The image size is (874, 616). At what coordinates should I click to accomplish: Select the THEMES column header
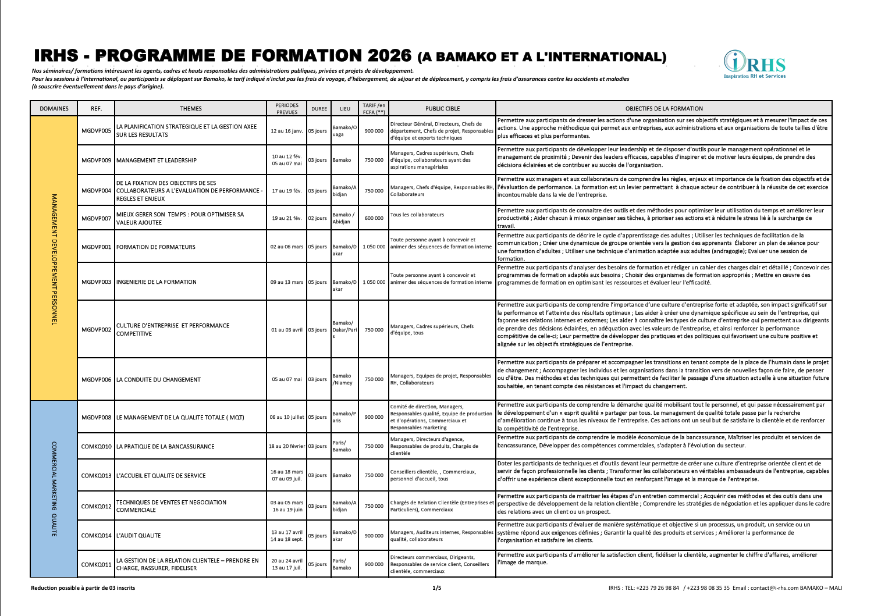tap(191, 109)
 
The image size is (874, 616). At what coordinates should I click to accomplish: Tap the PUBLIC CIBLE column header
tap(442, 109)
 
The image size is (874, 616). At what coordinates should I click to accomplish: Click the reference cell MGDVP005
tap(96, 131)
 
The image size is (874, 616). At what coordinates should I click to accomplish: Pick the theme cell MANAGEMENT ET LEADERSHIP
tap(157, 160)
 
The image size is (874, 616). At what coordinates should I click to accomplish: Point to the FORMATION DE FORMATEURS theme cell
tap(156, 247)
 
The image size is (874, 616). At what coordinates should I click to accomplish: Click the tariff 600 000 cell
tap(374, 218)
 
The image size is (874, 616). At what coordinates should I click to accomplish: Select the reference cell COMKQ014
tap(96, 536)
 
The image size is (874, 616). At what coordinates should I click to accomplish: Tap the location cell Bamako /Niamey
tap(342, 379)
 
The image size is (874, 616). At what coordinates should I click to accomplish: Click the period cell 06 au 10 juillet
tap(287, 417)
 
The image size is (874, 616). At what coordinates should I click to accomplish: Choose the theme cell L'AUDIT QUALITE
tap(138, 536)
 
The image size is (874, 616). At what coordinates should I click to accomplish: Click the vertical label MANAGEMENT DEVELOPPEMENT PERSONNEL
tap(54, 259)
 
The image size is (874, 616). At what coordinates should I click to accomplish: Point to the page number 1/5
tap(436, 588)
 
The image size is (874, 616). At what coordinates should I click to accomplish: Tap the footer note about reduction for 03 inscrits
tap(83, 588)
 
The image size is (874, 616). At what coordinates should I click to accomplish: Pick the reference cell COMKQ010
tap(96, 447)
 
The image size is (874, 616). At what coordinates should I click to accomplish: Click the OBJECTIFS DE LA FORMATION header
tap(663, 109)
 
